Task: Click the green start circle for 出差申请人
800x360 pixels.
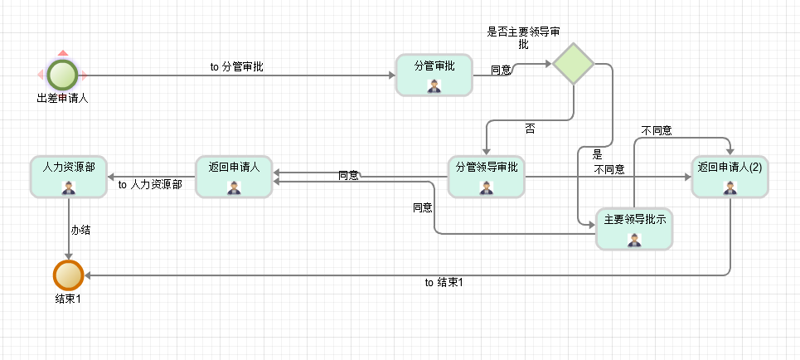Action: click(x=62, y=75)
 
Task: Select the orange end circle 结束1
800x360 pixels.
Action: click(x=68, y=275)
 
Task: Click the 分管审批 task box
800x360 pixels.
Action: click(x=434, y=75)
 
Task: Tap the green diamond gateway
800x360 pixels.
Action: click(x=574, y=64)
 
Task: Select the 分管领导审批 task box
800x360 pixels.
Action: click(x=486, y=176)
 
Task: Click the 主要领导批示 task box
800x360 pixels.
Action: click(x=634, y=229)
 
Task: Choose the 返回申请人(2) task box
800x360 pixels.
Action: click(x=730, y=176)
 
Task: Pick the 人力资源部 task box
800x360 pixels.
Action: click(x=68, y=176)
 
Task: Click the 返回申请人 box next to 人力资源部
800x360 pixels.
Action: click(x=234, y=176)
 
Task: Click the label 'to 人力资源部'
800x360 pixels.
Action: click(x=150, y=185)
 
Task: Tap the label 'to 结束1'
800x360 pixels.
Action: click(x=444, y=283)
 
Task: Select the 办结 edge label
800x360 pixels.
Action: click(x=80, y=230)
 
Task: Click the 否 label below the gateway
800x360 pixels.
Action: click(x=530, y=129)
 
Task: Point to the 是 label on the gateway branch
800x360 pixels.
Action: click(x=597, y=154)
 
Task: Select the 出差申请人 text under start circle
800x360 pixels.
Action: click(x=62, y=98)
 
